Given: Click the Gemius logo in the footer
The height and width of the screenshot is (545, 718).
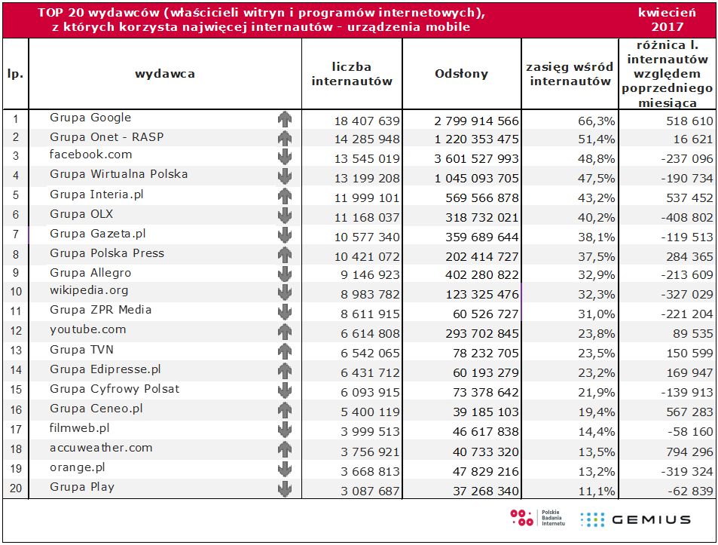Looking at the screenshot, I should coord(635,519).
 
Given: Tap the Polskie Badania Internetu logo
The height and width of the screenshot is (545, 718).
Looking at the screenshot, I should coord(536,518).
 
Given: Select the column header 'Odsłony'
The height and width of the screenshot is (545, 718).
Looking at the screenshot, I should coord(461,74).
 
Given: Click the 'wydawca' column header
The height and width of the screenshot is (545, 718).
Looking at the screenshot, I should coord(165,74).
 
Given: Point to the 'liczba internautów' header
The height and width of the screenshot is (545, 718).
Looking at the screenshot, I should coord(352,74).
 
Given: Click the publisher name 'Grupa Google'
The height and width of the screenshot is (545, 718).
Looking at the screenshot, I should coord(90,118).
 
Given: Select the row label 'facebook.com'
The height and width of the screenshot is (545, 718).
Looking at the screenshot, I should coord(90,155).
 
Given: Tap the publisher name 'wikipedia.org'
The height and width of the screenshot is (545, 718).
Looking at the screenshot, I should coord(89,290).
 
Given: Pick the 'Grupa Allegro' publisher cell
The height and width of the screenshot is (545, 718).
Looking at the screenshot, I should coord(90,272).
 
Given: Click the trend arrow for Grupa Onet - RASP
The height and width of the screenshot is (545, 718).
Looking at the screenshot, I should coord(284,138).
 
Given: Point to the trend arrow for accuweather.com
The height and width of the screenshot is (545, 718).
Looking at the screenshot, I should coord(284,449).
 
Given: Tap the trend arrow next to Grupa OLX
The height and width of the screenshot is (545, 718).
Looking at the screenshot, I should coord(284,216).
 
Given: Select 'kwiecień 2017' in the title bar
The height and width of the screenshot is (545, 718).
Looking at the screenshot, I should coord(667,20).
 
